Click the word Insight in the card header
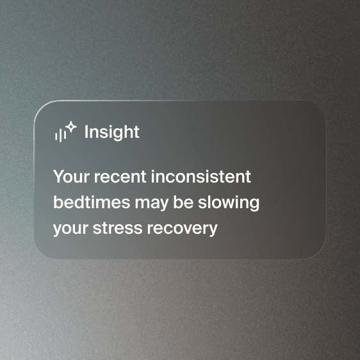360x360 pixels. tap(112, 132)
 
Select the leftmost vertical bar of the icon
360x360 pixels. tap(56, 135)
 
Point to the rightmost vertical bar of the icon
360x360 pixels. tap(65, 135)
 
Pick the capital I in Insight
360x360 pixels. tap(86, 132)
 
